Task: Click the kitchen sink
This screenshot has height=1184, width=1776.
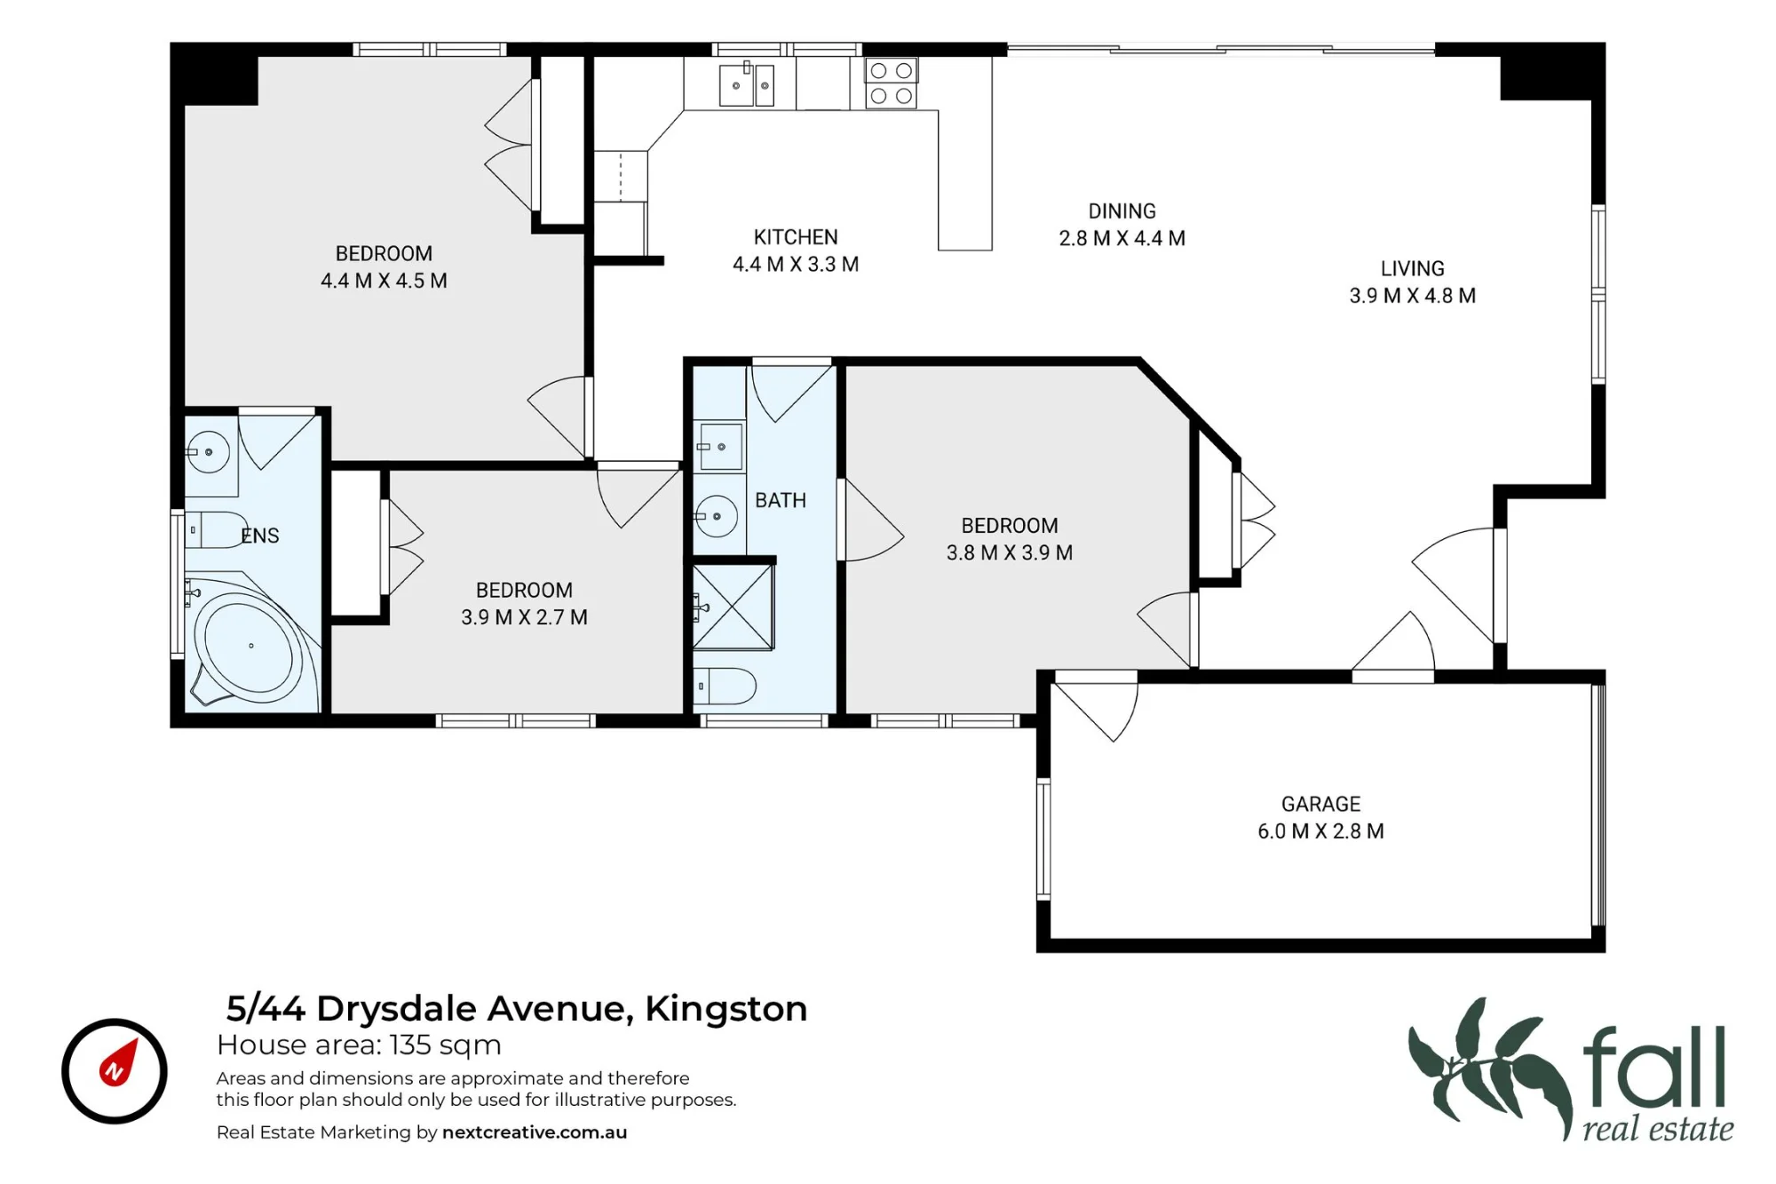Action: click(x=746, y=84)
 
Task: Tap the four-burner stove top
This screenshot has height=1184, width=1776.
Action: click(x=891, y=83)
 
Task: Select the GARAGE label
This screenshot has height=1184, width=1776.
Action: click(x=1320, y=804)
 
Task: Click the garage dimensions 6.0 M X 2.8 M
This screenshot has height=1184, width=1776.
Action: click(x=1320, y=831)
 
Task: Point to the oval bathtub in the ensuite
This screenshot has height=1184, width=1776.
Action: click(x=249, y=646)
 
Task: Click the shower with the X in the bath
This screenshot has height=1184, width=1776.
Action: click(x=733, y=607)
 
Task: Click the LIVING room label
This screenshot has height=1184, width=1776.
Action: click(x=1412, y=268)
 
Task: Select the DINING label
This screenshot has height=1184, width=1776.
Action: click(x=1122, y=211)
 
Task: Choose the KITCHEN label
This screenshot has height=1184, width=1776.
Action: click(x=796, y=237)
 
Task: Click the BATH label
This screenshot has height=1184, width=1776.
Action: click(x=781, y=501)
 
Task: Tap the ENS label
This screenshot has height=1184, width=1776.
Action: click(x=260, y=536)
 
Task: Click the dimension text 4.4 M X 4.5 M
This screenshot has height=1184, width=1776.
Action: click(x=384, y=281)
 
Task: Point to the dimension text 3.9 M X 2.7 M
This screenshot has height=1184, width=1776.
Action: click(x=524, y=617)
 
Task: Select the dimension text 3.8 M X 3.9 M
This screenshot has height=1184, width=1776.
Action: click(x=1010, y=552)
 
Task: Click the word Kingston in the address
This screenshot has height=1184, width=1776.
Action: click(x=726, y=1010)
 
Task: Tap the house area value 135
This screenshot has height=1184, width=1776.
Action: click(x=410, y=1045)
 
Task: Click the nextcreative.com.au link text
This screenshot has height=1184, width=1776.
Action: click(x=535, y=1132)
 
